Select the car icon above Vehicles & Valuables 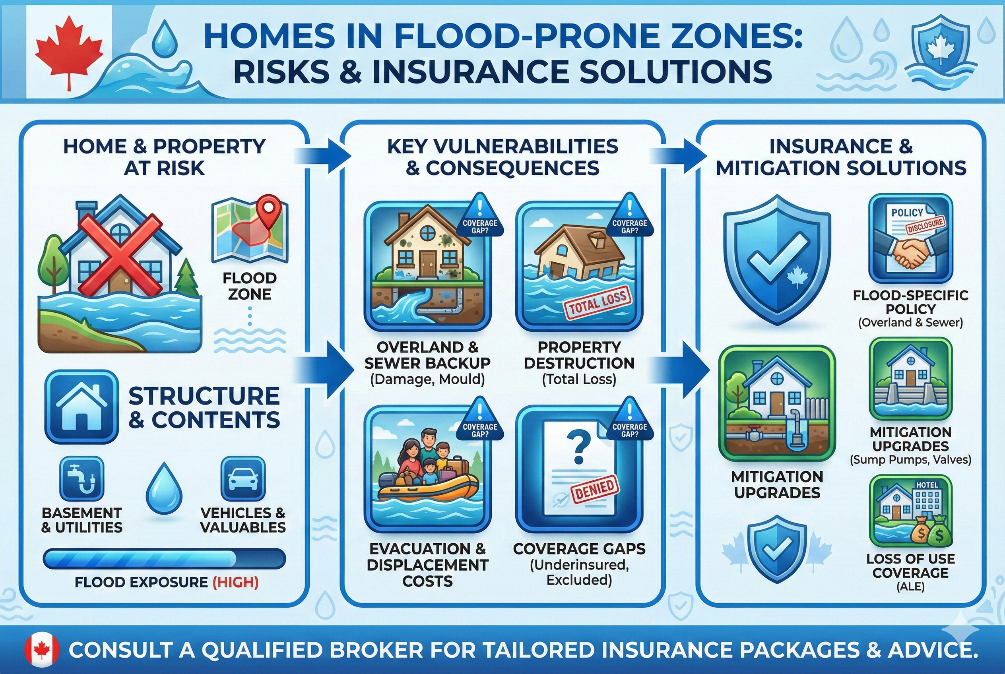(x=243, y=478)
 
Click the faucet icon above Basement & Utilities (x=82, y=478)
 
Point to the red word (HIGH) (x=236, y=583)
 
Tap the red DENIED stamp (x=594, y=489)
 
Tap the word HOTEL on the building (x=927, y=485)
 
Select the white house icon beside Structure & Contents (x=82, y=407)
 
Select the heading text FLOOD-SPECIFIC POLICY (x=910, y=302)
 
